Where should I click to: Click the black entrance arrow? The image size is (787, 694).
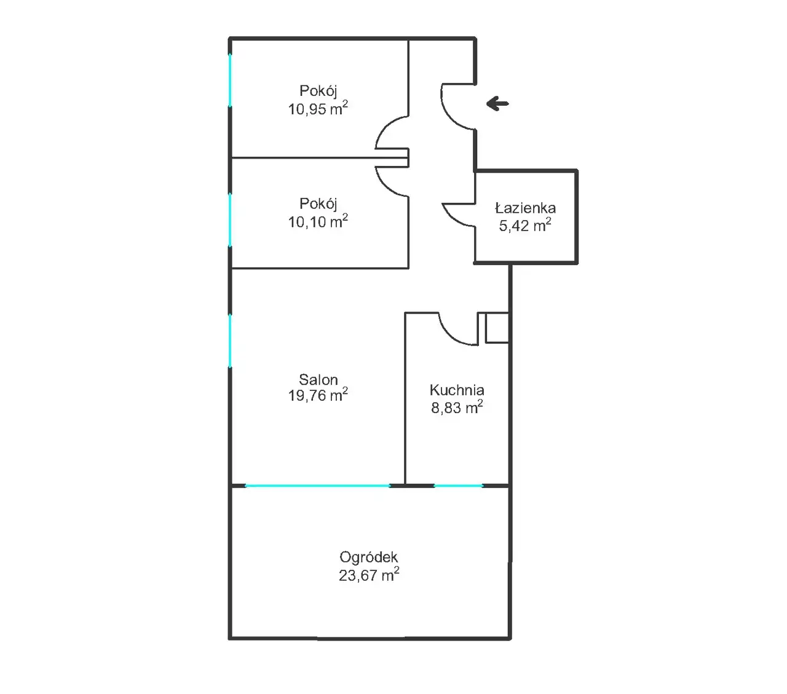click(497, 103)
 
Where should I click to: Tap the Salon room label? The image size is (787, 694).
click(318, 379)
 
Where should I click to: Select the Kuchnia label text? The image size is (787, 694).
click(457, 390)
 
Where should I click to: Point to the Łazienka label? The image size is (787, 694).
click(525, 208)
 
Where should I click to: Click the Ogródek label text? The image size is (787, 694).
click(369, 558)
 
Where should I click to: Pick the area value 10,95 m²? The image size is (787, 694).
click(318, 108)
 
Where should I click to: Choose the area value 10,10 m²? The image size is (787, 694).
click(318, 221)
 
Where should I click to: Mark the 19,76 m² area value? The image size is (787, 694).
click(318, 395)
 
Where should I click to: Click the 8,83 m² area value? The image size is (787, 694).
click(457, 407)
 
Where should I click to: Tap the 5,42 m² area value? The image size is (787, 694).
click(525, 225)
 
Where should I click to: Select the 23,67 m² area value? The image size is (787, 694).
click(369, 575)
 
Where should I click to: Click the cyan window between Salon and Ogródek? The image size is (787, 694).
click(318, 486)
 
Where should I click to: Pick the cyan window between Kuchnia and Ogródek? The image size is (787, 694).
click(459, 486)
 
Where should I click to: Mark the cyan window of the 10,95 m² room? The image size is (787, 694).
click(230, 80)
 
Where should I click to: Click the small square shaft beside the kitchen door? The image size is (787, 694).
click(497, 328)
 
